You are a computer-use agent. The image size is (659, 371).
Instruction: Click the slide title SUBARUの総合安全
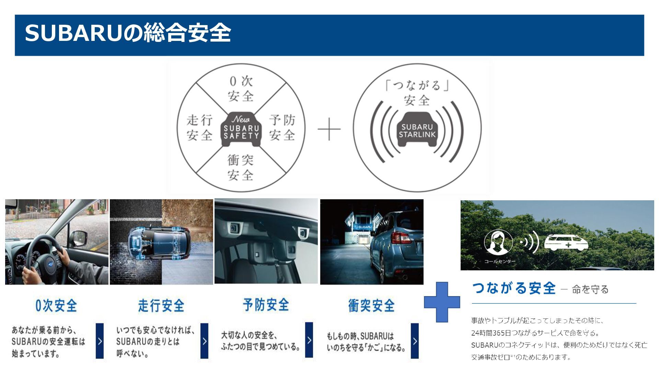point(128,33)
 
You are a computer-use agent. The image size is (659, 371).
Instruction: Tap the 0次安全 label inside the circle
point(241,89)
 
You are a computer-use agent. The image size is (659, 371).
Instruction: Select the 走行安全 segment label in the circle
point(200,127)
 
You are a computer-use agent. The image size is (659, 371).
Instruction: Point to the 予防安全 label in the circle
point(282,127)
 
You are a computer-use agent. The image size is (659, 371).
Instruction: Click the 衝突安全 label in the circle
point(241,168)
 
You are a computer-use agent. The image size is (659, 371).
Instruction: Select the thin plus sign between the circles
point(329,129)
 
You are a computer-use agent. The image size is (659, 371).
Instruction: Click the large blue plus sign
point(442,302)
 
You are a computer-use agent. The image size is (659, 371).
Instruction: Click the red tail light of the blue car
point(401,237)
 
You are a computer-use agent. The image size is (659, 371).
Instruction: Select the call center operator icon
point(498,242)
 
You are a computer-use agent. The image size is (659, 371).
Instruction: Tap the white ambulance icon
point(566,243)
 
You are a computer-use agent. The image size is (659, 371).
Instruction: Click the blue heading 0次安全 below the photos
point(56,305)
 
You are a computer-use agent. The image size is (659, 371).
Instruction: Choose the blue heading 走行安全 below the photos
point(161,305)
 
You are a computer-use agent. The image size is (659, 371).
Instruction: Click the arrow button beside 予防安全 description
point(309,340)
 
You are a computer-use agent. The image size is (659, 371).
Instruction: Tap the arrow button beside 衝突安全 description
point(415,341)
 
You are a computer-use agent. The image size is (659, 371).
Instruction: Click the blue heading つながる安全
point(514,288)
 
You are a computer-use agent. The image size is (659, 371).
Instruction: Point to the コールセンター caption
point(500,261)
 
